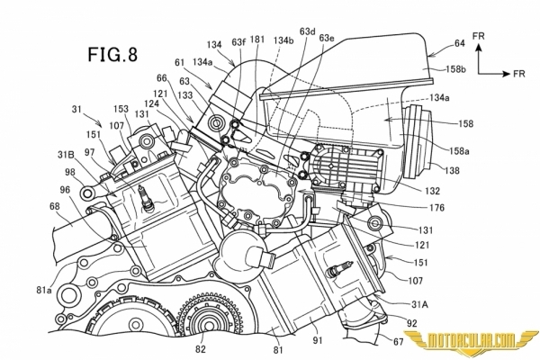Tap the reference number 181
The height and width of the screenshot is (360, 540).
point(258,40)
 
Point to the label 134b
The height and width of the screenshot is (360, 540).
point(284,40)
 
